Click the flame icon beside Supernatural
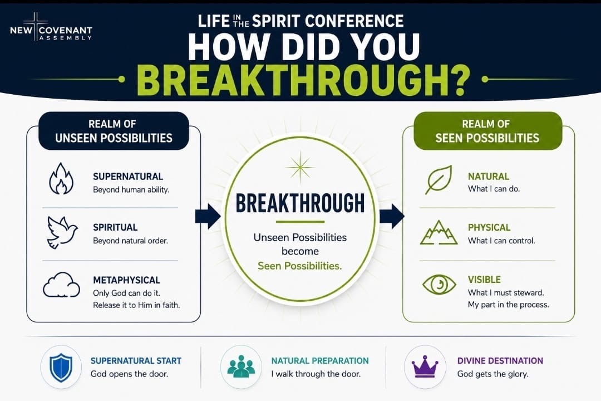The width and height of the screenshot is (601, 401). click(x=61, y=179)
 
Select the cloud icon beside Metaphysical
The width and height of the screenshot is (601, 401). click(x=61, y=285)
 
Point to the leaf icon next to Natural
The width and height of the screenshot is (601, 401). click(x=439, y=179)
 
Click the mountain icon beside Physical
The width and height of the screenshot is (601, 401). click(x=439, y=233)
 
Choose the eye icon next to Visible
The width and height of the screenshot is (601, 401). click(x=439, y=285)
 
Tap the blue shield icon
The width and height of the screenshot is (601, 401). click(x=61, y=367)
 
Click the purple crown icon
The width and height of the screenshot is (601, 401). click(x=425, y=367)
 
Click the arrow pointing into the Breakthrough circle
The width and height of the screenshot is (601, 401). click(x=208, y=216)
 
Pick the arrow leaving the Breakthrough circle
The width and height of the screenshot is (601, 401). click(x=392, y=216)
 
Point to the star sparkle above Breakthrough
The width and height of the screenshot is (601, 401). click(x=300, y=167)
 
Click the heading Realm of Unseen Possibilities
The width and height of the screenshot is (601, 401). click(x=114, y=131)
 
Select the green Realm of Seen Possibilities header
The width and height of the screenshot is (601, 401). click(x=487, y=131)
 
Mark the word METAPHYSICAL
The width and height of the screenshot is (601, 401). click(x=126, y=280)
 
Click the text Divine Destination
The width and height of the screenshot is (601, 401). click(x=500, y=361)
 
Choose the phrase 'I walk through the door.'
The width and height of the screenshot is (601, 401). click(x=316, y=374)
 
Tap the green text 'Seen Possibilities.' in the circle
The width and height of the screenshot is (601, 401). click(x=300, y=266)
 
